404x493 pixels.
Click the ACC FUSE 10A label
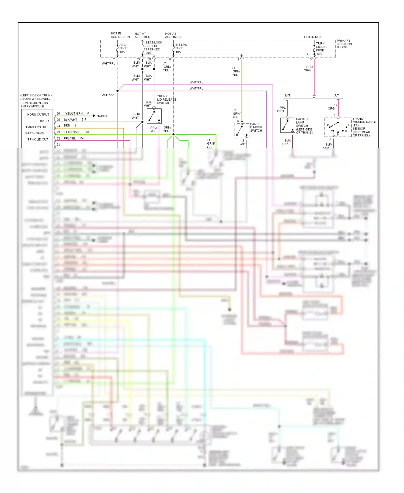tap(123, 48)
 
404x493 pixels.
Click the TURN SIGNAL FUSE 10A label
tap(321, 49)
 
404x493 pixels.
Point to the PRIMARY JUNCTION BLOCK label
tap(344, 44)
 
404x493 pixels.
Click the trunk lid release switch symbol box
tap(154, 116)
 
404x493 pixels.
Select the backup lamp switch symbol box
tap(287, 125)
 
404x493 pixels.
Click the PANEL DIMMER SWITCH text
tap(256, 127)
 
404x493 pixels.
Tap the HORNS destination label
tap(102, 116)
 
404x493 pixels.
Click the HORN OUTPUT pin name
tap(38, 115)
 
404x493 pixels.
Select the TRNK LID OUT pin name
tap(38, 139)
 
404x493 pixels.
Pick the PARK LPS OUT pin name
tap(37, 127)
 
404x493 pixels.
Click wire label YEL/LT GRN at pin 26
tap(74, 114)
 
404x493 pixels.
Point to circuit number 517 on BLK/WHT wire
tap(84, 120)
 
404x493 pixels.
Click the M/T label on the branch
tap(288, 95)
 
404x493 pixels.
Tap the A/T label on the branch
tap(336, 95)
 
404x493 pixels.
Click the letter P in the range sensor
tap(328, 125)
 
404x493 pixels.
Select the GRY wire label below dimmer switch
tap(242, 144)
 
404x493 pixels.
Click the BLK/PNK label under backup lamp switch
tap(287, 142)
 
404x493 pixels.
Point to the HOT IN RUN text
tap(312, 37)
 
